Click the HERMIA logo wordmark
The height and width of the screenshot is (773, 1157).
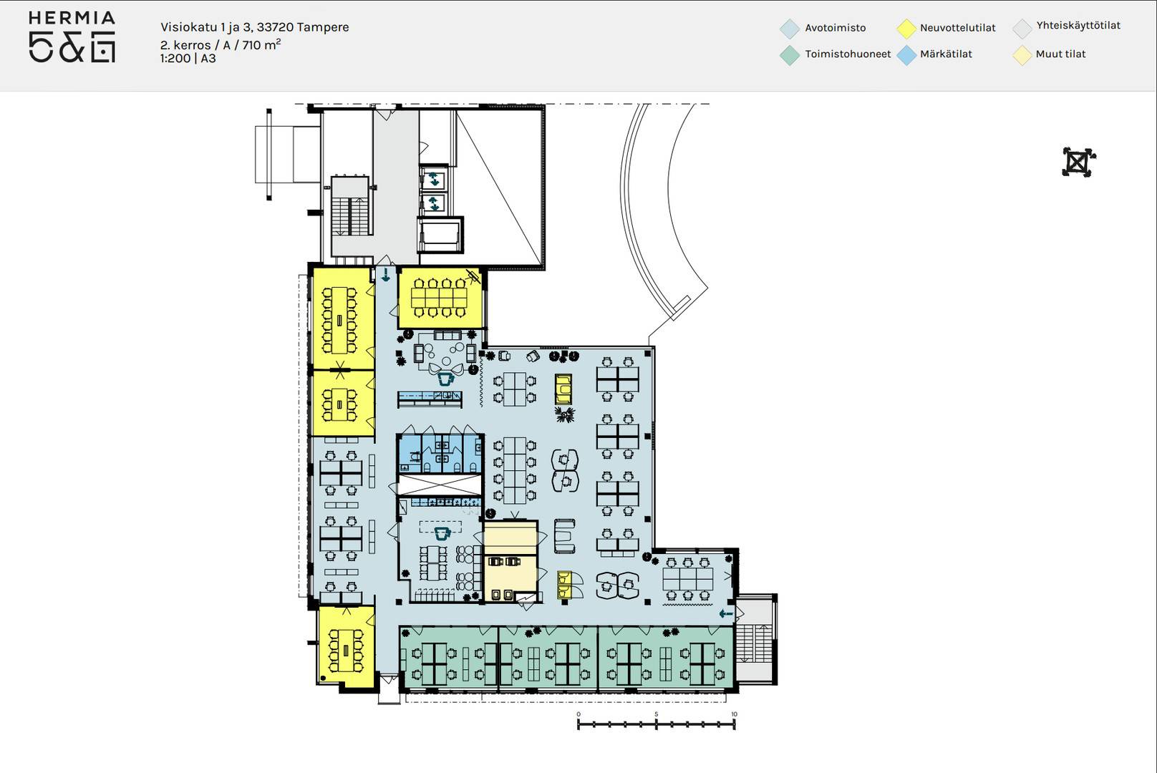coord(72,18)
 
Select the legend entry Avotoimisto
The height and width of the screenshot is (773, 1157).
coord(836,28)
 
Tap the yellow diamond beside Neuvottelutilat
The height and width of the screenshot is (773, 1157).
coord(906,29)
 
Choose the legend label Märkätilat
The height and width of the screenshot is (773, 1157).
coord(946,54)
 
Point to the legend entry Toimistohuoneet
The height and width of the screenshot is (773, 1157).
coord(848,54)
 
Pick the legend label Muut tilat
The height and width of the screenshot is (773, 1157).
coord(1060,54)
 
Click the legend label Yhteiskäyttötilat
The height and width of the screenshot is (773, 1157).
coord(1078,26)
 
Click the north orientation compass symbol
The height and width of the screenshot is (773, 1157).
coord(1078,162)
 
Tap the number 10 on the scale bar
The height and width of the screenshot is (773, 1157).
coord(734,714)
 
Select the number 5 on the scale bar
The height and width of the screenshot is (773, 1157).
coord(656,714)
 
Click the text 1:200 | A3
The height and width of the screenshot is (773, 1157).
coord(188,59)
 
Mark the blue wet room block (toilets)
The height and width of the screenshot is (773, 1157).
coord(440,453)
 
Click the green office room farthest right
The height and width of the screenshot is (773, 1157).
coord(666,658)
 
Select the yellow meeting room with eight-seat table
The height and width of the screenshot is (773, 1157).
coord(440,298)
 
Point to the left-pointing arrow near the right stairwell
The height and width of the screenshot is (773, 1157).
coord(726,613)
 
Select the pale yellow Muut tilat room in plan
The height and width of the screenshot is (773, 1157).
coord(510,561)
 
